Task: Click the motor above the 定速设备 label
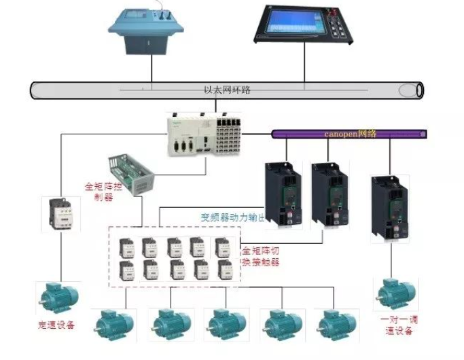coord(58,298)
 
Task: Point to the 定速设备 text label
coord(56,325)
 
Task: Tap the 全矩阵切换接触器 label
coord(261,256)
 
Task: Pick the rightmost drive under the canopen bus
coord(389,207)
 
